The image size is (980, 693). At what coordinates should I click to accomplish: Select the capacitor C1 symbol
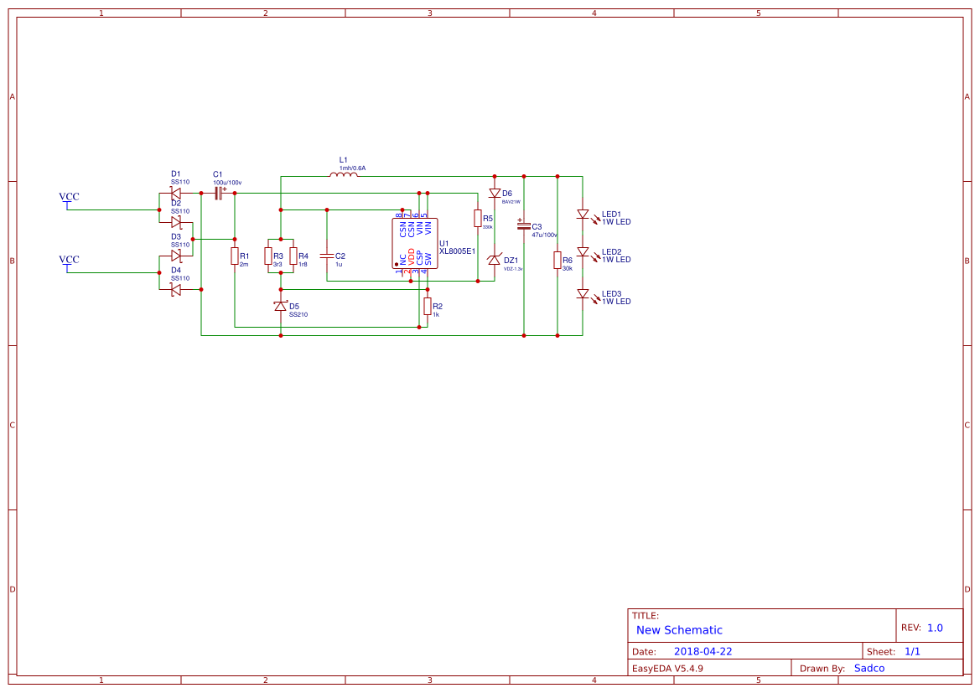(x=219, y=193)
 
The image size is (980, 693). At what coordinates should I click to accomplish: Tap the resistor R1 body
(x=235, y=256)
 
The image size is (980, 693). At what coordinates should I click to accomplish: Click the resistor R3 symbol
(x=268, y=256)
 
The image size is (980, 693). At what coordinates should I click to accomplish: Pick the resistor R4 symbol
(x=293, y=256)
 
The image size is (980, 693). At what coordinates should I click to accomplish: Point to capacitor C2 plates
(x=327, y=256)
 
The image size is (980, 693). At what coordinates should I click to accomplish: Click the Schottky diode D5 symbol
(x=281, y=307)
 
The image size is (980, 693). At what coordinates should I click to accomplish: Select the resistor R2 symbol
(x=427, y=306)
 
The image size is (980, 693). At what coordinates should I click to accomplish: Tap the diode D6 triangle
(x=495, y=194)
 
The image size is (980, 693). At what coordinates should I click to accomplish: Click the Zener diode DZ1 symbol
(x=495, y=261)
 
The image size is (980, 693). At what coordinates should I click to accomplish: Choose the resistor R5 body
(x=477, y=219)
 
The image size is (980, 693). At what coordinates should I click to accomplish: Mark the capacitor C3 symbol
(x=523, y=226)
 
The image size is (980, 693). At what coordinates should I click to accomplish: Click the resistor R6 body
(x=557, y=261)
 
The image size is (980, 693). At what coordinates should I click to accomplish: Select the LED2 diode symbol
(x=583, y=251)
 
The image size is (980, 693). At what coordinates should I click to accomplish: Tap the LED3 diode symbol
(x=583, y=294)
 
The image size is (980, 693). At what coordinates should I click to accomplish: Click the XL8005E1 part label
(x=457, y=251)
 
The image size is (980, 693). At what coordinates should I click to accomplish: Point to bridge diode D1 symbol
(x=175, y=193)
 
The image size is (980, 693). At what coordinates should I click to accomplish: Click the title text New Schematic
(x=679, y=630)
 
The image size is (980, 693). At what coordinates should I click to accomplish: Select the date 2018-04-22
(x=703, y=651)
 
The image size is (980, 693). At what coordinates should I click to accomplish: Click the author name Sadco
(x=869, y=668)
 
